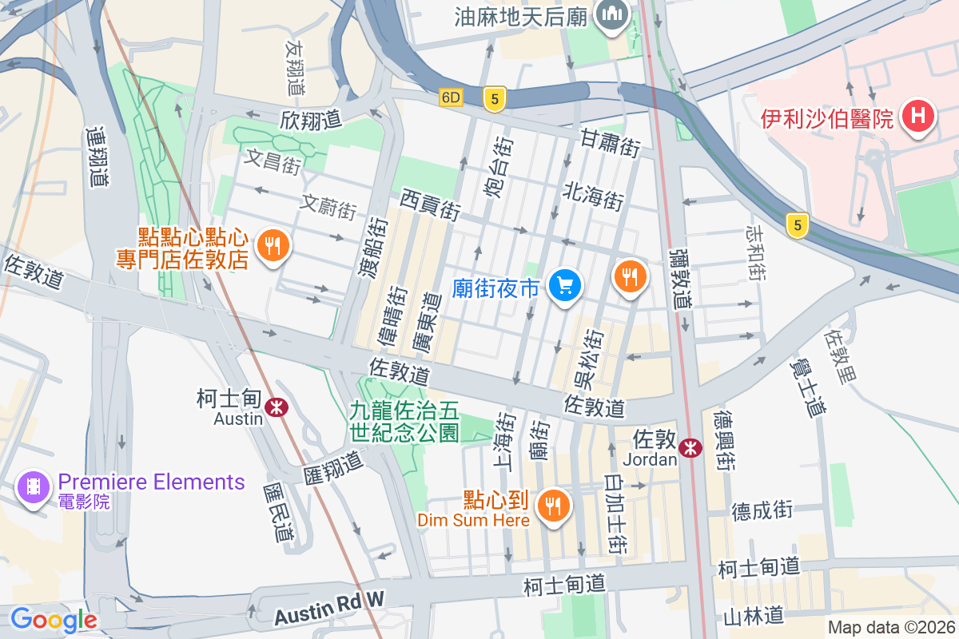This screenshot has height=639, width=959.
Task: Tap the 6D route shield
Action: [451, 97]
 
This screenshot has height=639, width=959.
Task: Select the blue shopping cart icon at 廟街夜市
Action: [565, 285]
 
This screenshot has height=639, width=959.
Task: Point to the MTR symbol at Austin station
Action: [277, 407]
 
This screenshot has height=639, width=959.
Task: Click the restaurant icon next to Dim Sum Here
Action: [551, 505]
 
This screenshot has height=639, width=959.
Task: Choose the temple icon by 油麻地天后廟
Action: [612, 14]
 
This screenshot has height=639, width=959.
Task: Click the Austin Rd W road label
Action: [329, 609]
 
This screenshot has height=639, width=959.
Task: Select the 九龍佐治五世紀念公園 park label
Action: [404, 422]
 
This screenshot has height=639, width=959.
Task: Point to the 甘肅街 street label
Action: [611, 144]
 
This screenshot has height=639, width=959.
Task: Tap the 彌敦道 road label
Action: [680, 279]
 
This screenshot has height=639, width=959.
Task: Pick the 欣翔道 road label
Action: [311, 121]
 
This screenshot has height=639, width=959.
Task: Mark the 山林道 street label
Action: [753, 616]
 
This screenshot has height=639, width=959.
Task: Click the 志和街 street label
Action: [755, 253]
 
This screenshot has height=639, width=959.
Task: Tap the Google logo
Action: [54, 619]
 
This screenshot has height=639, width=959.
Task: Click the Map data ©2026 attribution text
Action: [890, 628]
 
